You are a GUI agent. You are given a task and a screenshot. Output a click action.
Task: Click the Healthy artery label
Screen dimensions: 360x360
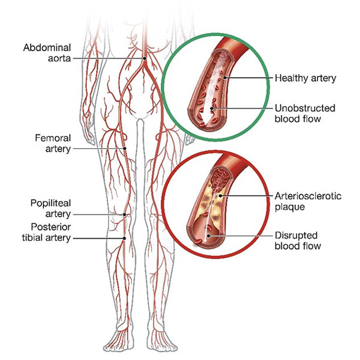[304, 78]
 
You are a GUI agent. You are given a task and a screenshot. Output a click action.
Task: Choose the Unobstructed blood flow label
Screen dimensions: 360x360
[305, 113]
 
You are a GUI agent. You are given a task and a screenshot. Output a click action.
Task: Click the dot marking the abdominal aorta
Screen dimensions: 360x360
[145, 58]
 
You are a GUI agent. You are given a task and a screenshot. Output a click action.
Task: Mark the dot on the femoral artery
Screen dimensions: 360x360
[125, 148]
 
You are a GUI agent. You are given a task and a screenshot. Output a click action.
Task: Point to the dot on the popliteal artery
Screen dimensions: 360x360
[125, 214]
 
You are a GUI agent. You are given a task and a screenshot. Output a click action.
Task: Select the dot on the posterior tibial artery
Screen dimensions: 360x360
[124, 238]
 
